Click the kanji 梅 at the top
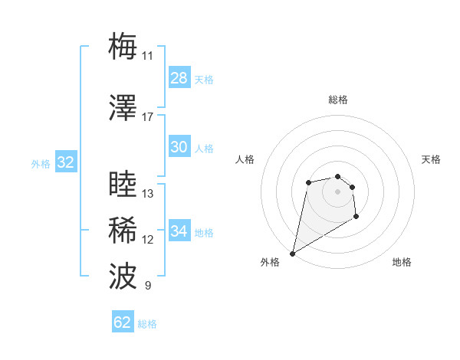point(123,47)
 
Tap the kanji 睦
point(123,185)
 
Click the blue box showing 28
point(179,78)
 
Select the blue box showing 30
point(179,147)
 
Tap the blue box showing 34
point(179,231)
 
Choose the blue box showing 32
point(65,162)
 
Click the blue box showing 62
point(123,322)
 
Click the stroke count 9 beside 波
point(147,286)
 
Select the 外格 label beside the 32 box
point(41,163)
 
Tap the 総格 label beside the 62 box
point(148,324)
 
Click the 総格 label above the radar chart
point(337,100)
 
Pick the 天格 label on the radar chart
point(431,159)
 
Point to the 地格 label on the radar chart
point(402,262)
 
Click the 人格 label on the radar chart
point(245,159)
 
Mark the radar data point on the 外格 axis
point(292,253)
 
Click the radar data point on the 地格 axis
point(356,217)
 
